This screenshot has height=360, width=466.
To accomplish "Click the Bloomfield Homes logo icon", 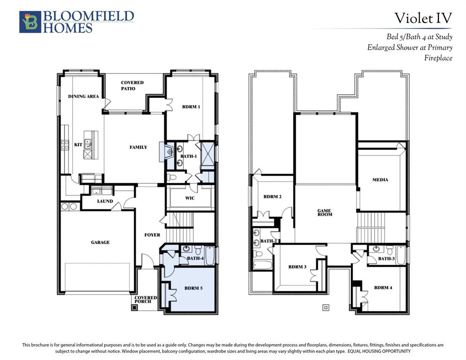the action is coord(30,22).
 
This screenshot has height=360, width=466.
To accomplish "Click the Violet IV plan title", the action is coord(423,18).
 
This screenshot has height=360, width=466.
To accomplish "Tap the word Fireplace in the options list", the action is coord(438,58).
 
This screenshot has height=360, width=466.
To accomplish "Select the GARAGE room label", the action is coord(100,242).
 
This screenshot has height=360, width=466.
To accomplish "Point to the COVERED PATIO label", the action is coord(132,86).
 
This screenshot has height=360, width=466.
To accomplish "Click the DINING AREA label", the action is coord(83,96).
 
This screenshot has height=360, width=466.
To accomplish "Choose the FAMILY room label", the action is coord(138,147).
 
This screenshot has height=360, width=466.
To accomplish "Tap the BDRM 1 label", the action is coord(191,107).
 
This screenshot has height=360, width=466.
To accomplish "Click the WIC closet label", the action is coord(190,198).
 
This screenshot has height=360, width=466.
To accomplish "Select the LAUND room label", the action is coord(105,201).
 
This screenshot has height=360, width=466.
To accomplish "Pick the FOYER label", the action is coord(152,235).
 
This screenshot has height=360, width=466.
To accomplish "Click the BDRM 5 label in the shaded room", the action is coord(194,288).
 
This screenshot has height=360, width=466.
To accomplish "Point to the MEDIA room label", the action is coord(380,180).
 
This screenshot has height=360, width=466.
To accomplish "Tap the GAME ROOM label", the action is coord(324,212).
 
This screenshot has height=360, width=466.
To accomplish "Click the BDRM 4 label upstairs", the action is coord(383,287).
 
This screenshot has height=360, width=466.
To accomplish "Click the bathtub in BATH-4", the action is coord(210,255).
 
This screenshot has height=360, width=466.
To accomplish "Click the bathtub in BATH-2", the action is coord(263,264).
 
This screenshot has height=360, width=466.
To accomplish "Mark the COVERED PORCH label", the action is coord(146,300).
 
